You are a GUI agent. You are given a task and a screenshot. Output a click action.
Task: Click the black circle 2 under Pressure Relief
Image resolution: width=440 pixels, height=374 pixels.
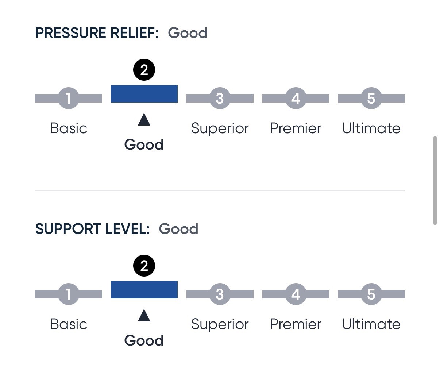point(144,70)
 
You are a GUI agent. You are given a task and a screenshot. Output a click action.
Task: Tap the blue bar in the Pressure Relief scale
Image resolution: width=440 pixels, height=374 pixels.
point(144,94)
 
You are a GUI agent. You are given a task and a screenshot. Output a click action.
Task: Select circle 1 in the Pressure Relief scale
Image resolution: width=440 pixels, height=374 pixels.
point(69,98)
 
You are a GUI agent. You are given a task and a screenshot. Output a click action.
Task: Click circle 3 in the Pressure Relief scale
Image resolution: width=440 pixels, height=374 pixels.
point(220,98)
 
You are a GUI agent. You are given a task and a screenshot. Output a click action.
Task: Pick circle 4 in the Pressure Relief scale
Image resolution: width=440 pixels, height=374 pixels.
point(296,98)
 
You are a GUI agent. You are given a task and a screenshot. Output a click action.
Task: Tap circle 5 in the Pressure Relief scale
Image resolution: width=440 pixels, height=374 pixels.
point(371,98)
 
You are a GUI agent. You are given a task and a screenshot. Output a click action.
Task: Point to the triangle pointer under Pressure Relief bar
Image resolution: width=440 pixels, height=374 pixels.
point(144,119)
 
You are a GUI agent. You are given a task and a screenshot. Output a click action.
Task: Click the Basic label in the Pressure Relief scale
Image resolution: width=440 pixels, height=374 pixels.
point(69,128)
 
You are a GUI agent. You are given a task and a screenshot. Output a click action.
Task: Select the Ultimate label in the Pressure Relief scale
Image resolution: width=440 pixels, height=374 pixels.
point(371,128)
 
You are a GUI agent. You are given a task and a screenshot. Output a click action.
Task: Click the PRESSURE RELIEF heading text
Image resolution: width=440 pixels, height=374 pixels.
point(97,33)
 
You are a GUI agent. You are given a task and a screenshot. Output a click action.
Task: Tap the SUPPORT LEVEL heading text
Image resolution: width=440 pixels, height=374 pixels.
point(92,229)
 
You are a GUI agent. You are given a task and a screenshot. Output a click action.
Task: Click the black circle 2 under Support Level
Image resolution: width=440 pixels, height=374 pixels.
point(144,266)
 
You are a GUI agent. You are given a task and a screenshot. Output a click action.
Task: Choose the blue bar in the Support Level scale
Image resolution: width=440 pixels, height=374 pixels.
point(144,290)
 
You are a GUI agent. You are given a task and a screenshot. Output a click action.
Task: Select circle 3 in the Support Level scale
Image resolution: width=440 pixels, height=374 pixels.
point(220,294)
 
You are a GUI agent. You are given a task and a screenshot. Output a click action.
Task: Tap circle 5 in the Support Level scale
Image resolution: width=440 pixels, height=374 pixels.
point(371,294)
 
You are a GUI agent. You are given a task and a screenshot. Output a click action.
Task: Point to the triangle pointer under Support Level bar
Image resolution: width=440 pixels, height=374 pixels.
point(144,316)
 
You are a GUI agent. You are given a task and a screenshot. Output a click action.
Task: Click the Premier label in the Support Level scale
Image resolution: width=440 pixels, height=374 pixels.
point(296,324)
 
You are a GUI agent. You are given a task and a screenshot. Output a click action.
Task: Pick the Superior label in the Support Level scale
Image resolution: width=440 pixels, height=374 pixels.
point(220,325)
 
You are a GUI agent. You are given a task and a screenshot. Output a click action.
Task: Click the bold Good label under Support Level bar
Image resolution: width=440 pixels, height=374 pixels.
point(144,340)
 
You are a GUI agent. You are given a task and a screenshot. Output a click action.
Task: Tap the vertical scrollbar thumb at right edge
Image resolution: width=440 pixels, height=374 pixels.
point(435,181)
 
